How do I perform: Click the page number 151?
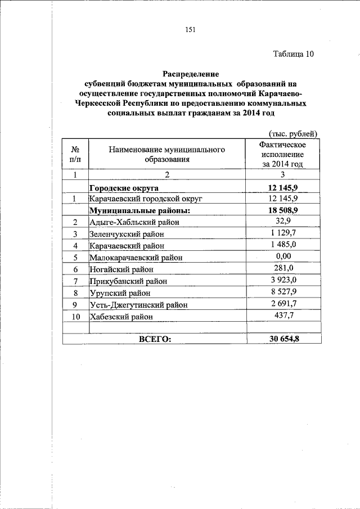pos(190,30)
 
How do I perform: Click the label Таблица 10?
pos(293,55)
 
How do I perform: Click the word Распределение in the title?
pos(191,74)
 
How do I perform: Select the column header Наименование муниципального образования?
pos(167,154)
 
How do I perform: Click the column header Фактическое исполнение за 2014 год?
pos(283,154)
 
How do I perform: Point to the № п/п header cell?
pos(74,154)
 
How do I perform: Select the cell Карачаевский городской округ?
pos(145,199)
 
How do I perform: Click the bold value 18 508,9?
pos(283,210)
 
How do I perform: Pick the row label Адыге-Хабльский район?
pos(134,222)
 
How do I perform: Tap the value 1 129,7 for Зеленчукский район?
pos(283,233)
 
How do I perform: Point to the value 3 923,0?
pos(283,280)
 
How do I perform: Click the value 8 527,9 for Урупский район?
pos(283,291)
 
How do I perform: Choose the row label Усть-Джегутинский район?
pos(138,304)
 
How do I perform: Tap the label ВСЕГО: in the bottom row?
pos(154,339)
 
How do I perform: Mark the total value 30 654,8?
pos(283,339)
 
